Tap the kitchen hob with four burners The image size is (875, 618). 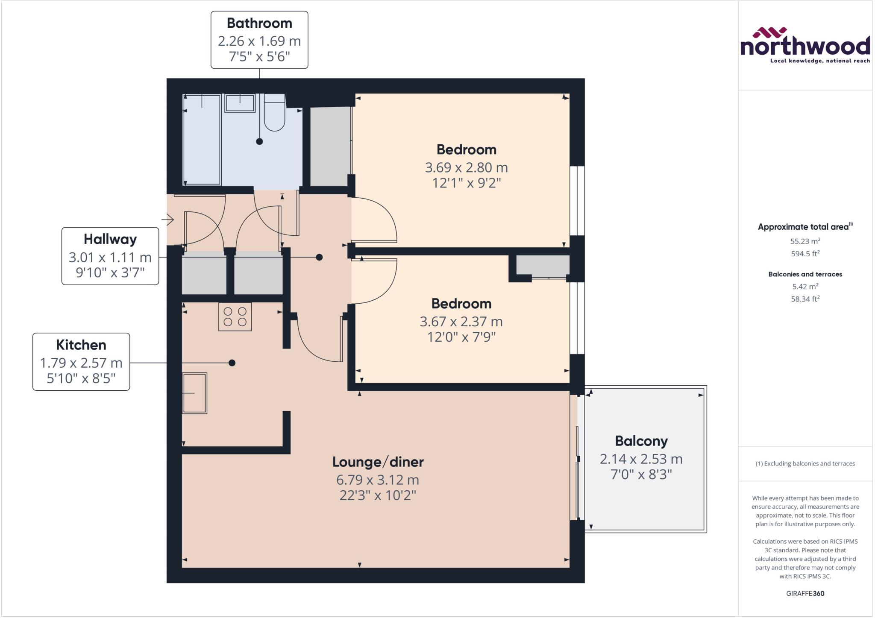tap(235, 316)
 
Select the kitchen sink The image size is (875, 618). tap(195, 393)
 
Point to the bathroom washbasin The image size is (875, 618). tap(240, 103)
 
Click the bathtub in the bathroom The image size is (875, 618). tap(202, 140)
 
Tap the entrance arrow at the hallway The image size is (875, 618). tap(167, 220)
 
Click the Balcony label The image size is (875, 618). tap(641, 441)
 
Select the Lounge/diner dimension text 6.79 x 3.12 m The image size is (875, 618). tap(377, 480)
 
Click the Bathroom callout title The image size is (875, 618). tap(259, 23)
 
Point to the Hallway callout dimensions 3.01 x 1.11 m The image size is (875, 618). tap(110, 257)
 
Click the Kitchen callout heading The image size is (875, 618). tap(81, 345)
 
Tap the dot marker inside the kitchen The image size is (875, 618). tap(232, 363)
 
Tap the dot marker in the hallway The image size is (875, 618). tap(319, 257)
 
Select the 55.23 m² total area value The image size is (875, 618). tap(805, 241)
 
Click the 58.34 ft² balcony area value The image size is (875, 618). tap(805, 299)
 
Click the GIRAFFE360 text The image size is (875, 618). tap(805, 593)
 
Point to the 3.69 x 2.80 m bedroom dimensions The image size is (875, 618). tap(466, 167)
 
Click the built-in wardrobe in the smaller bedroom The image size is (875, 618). tap(543, 266)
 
